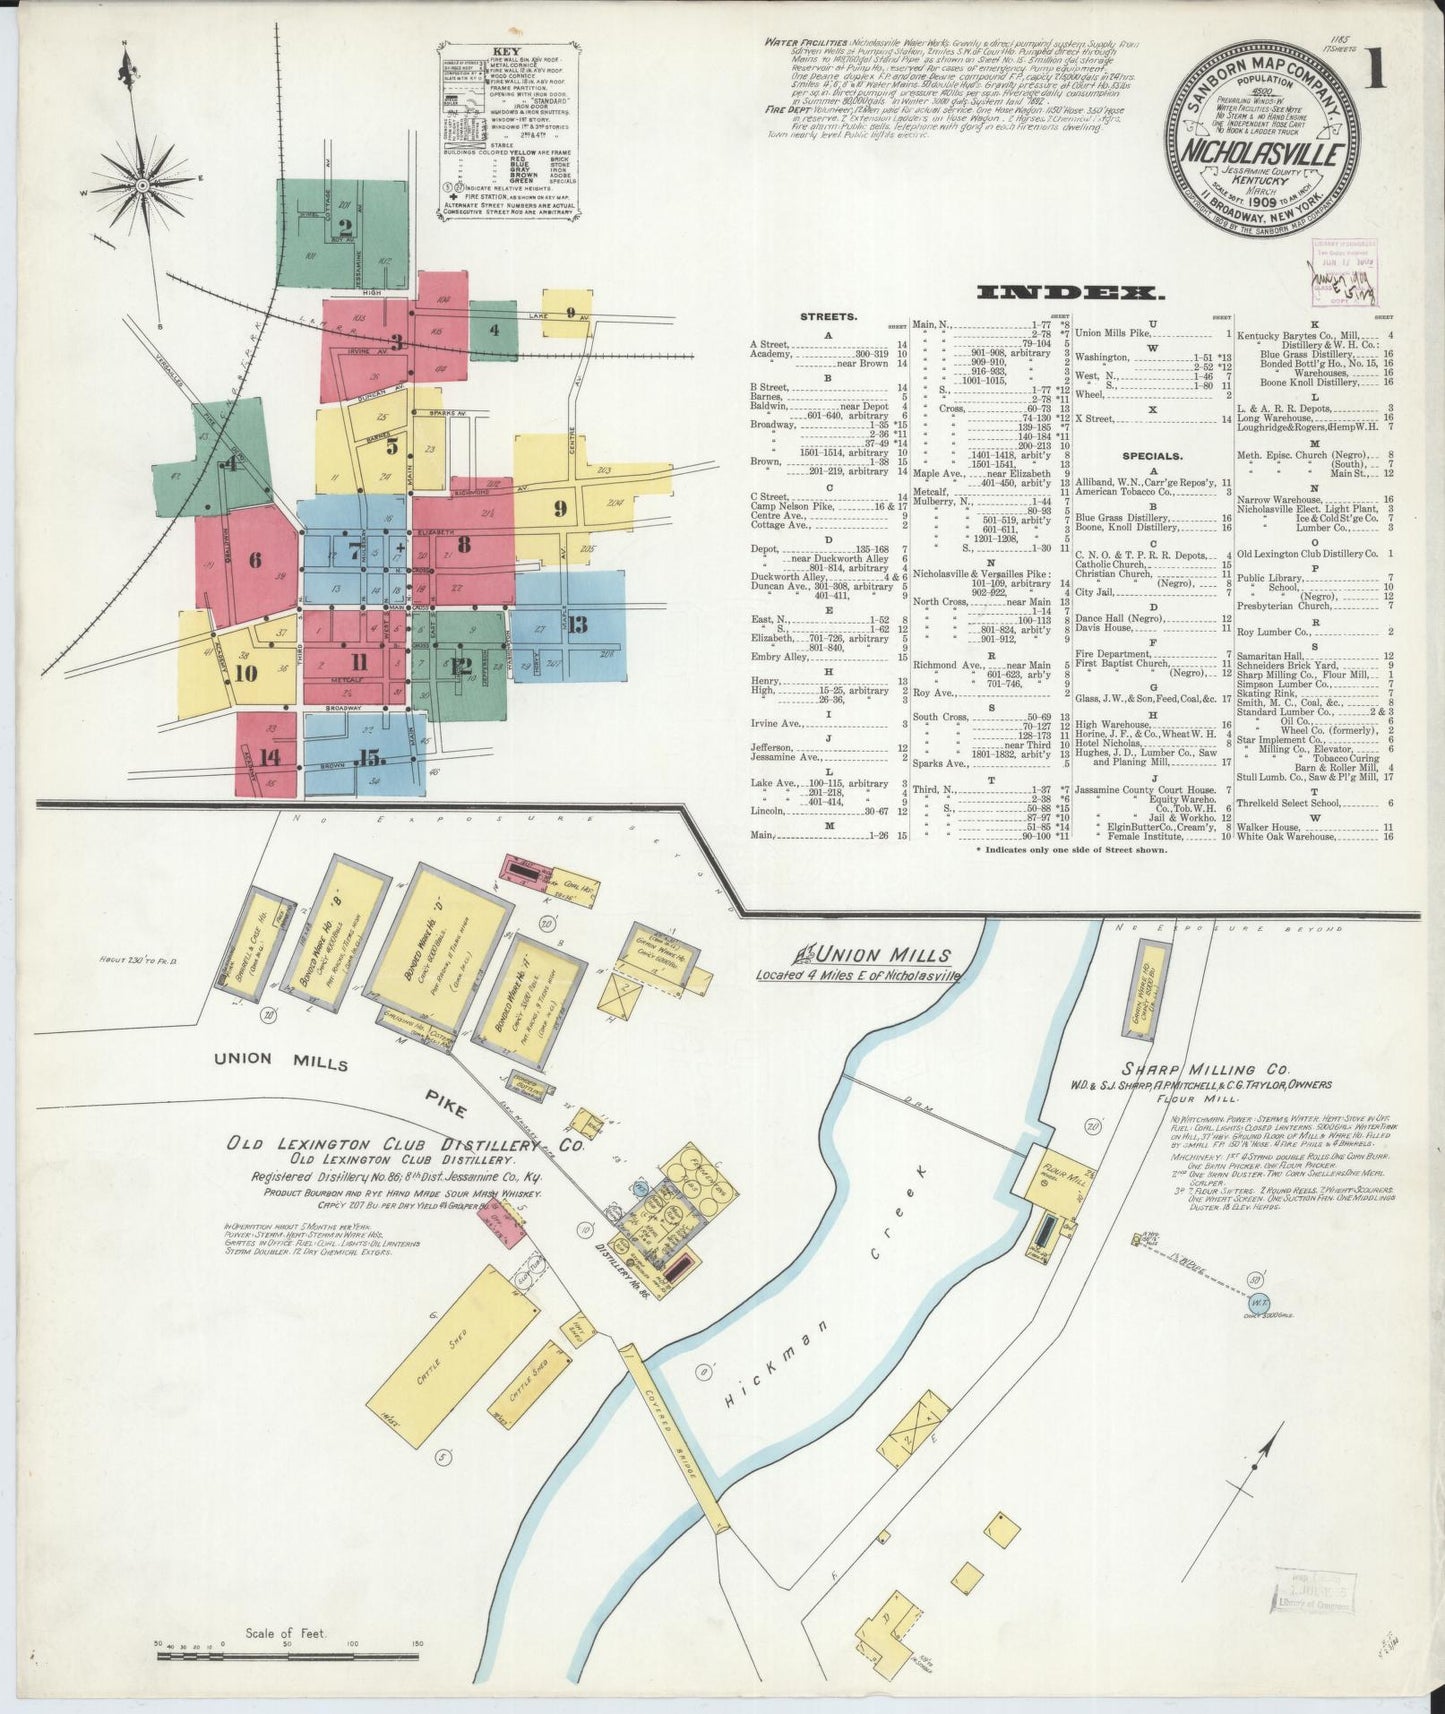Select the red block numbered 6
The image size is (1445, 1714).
pyautogui.click(x=254, y=560)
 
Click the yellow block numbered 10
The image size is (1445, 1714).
pyautogui.click(x=246, y=672)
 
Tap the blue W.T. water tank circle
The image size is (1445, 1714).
pyautogui.click(x=1258, y=1303)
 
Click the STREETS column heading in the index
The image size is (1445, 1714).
pyautogui.click(x=827, y=316)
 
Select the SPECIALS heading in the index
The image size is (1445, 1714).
pyautogui.click(x=1131, y=453)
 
